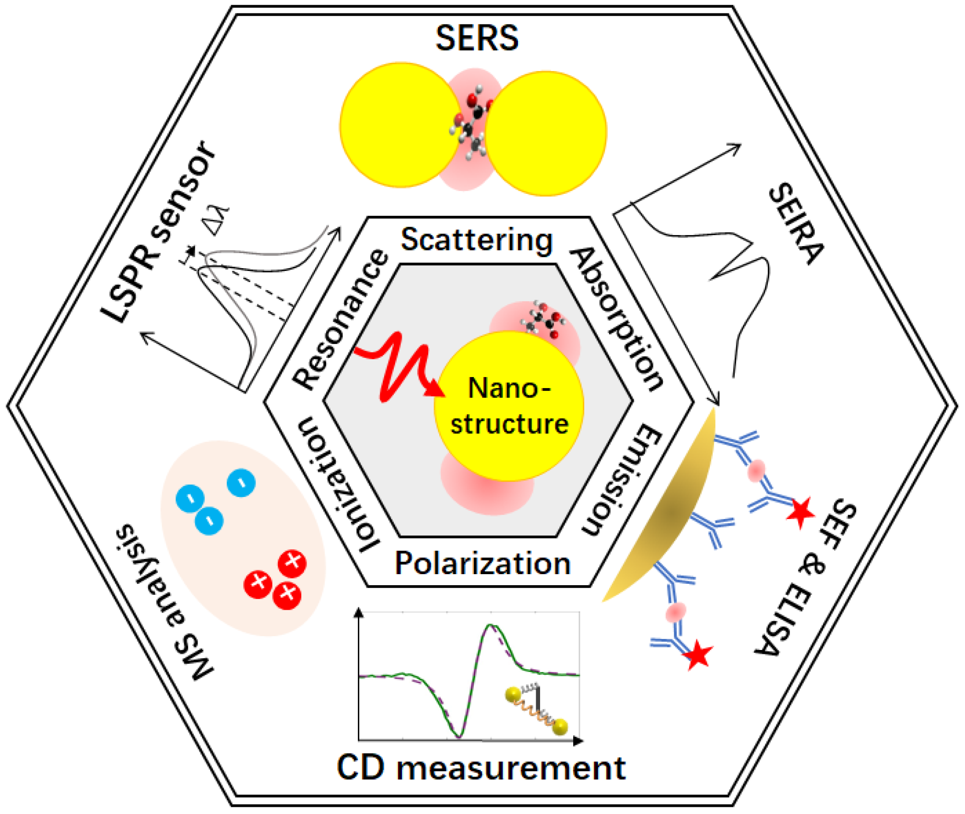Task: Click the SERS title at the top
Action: coord(477,38)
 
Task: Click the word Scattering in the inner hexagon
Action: coord(477,240)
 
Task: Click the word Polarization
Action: coord(482,564)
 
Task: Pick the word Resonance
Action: coord(340,319)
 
